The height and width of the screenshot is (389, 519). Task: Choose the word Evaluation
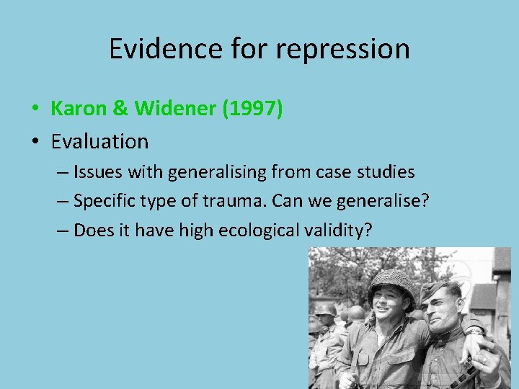[99, 141]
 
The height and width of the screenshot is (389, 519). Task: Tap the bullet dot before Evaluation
[35, 142]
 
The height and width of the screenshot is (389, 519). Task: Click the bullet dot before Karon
[35, 109]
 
